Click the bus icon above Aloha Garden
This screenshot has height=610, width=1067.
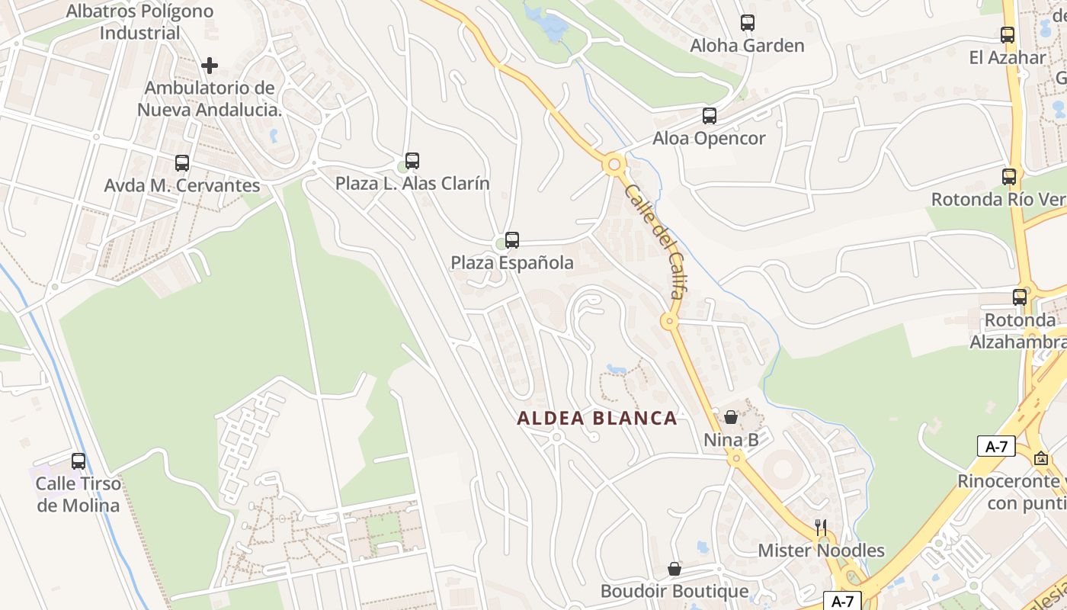click(747, 23)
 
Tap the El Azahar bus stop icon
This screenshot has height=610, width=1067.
click(1008, 35)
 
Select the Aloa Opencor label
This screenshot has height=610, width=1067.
click(709, 138)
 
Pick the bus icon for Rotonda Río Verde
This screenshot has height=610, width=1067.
click(1009, 177)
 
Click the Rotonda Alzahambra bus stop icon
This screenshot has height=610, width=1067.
click(1020, 297)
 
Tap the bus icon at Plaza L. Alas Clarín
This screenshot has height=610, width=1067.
click(412, 161)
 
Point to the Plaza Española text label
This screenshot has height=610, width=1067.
click(512, 263)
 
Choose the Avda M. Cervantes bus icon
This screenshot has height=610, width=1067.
click(181, 162)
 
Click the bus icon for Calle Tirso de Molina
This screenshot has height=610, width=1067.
click(79, 461)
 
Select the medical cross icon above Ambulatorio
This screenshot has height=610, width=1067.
click(210, 66)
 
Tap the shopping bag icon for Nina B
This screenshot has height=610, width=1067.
click(731, 417)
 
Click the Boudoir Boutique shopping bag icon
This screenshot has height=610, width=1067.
click(674, 569)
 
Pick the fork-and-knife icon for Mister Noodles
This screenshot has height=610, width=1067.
click(820, 527)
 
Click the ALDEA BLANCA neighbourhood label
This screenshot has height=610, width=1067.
click(597, 418)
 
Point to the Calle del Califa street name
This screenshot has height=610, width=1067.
click(655, 241)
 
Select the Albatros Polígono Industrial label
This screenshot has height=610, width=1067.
click(140, 22)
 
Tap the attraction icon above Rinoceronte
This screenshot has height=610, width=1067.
click(1041, 458)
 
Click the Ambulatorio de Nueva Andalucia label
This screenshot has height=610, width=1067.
click(210, 98)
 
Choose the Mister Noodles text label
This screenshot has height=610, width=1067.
click(821, 551)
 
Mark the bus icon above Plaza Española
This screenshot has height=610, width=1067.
click(512, 240)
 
